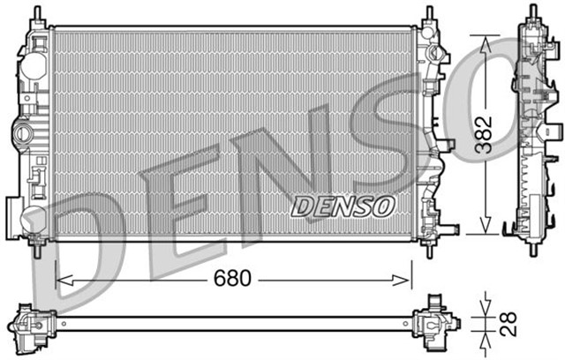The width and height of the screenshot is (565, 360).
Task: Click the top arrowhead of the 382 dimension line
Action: [483, 41]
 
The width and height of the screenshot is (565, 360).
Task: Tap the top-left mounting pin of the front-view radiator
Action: [36, 13]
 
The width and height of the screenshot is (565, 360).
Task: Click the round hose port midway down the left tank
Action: [22, 135]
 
